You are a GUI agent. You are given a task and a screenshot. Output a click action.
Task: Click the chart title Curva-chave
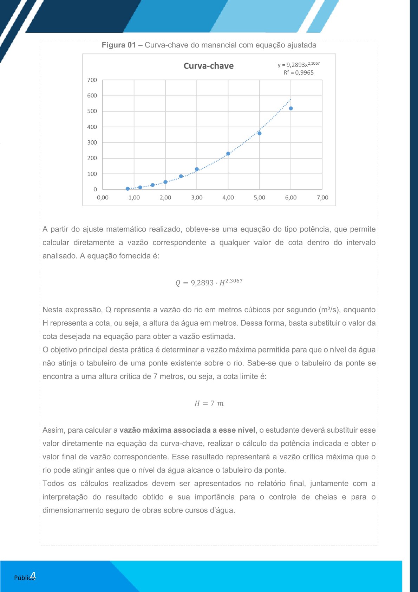(x=209, y=66)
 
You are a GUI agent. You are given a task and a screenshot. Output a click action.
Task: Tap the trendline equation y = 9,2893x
(x=298, y=64)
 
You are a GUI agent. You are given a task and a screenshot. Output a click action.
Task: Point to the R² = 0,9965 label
(x=299, y=73)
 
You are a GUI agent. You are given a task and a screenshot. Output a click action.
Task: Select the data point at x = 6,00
(x=291, y=108)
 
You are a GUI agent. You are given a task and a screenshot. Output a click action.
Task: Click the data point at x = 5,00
(x=260, y=133)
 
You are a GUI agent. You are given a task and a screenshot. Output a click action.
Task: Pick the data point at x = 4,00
(x=228, y=154)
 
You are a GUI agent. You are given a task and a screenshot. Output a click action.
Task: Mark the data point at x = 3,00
(x=197, y=169)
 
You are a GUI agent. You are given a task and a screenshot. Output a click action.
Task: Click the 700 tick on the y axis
(x=92, y=80)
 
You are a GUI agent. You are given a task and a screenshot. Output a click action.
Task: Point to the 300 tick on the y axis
(x=92, y=142)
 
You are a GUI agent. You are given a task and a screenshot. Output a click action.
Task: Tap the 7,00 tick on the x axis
(x=322, y=198)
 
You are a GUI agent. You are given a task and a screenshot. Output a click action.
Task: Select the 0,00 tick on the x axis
(x=103, y=198)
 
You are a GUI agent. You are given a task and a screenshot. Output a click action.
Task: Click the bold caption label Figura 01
(x=118, y=45)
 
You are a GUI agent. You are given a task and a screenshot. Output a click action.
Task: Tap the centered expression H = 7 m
(x=209, y=403)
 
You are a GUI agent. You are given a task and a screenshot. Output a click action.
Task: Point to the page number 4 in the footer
(x=33, y=576)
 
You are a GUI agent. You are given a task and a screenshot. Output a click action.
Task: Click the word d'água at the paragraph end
(x=222, y=510)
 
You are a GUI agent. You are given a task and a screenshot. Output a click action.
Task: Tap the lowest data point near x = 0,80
(x=128, y=189)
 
